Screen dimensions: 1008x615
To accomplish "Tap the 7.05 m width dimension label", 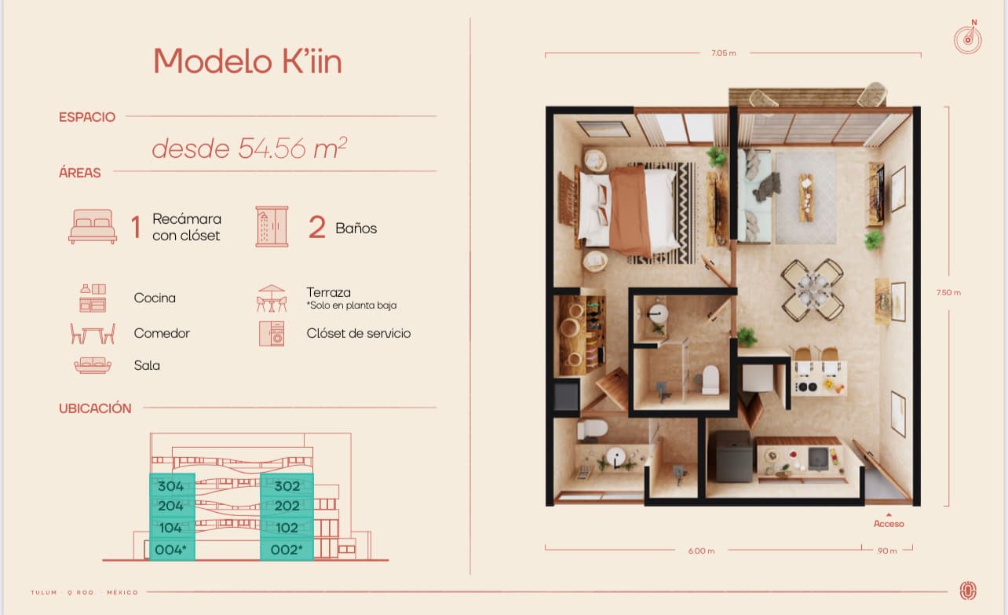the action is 724,53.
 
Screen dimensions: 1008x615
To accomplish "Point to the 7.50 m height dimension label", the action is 948,293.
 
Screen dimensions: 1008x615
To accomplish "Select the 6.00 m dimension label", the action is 702,551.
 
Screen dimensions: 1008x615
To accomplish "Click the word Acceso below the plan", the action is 889,524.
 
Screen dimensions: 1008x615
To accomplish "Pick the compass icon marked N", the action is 968,38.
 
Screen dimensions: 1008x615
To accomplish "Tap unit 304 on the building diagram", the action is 171,486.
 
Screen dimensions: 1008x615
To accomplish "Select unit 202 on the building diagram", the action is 287,506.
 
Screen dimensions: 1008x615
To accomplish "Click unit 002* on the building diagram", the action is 287,549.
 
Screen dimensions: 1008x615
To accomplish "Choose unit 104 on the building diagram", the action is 170,528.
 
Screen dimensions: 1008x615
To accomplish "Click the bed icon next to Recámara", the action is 93,226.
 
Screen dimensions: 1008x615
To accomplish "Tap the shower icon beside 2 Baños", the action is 272,226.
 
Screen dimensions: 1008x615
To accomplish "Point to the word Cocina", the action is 155,298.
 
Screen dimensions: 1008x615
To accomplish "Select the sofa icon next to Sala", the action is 93,365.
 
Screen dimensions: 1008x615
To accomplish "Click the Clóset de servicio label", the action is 359,333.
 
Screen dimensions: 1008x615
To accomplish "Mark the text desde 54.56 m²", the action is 250,148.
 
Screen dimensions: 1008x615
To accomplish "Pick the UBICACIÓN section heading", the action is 95,408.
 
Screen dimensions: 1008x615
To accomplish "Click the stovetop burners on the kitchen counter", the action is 806,386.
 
